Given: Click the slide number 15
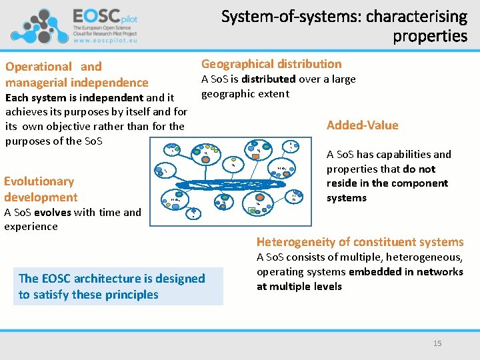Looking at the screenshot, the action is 437,343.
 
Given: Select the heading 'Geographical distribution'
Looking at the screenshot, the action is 271,64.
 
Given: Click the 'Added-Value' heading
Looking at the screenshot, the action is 362,125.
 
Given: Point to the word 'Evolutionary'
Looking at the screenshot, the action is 39,181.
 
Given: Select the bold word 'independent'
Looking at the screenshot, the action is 111,98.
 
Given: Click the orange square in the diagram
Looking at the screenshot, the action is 256,156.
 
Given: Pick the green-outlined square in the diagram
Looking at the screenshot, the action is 251,211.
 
